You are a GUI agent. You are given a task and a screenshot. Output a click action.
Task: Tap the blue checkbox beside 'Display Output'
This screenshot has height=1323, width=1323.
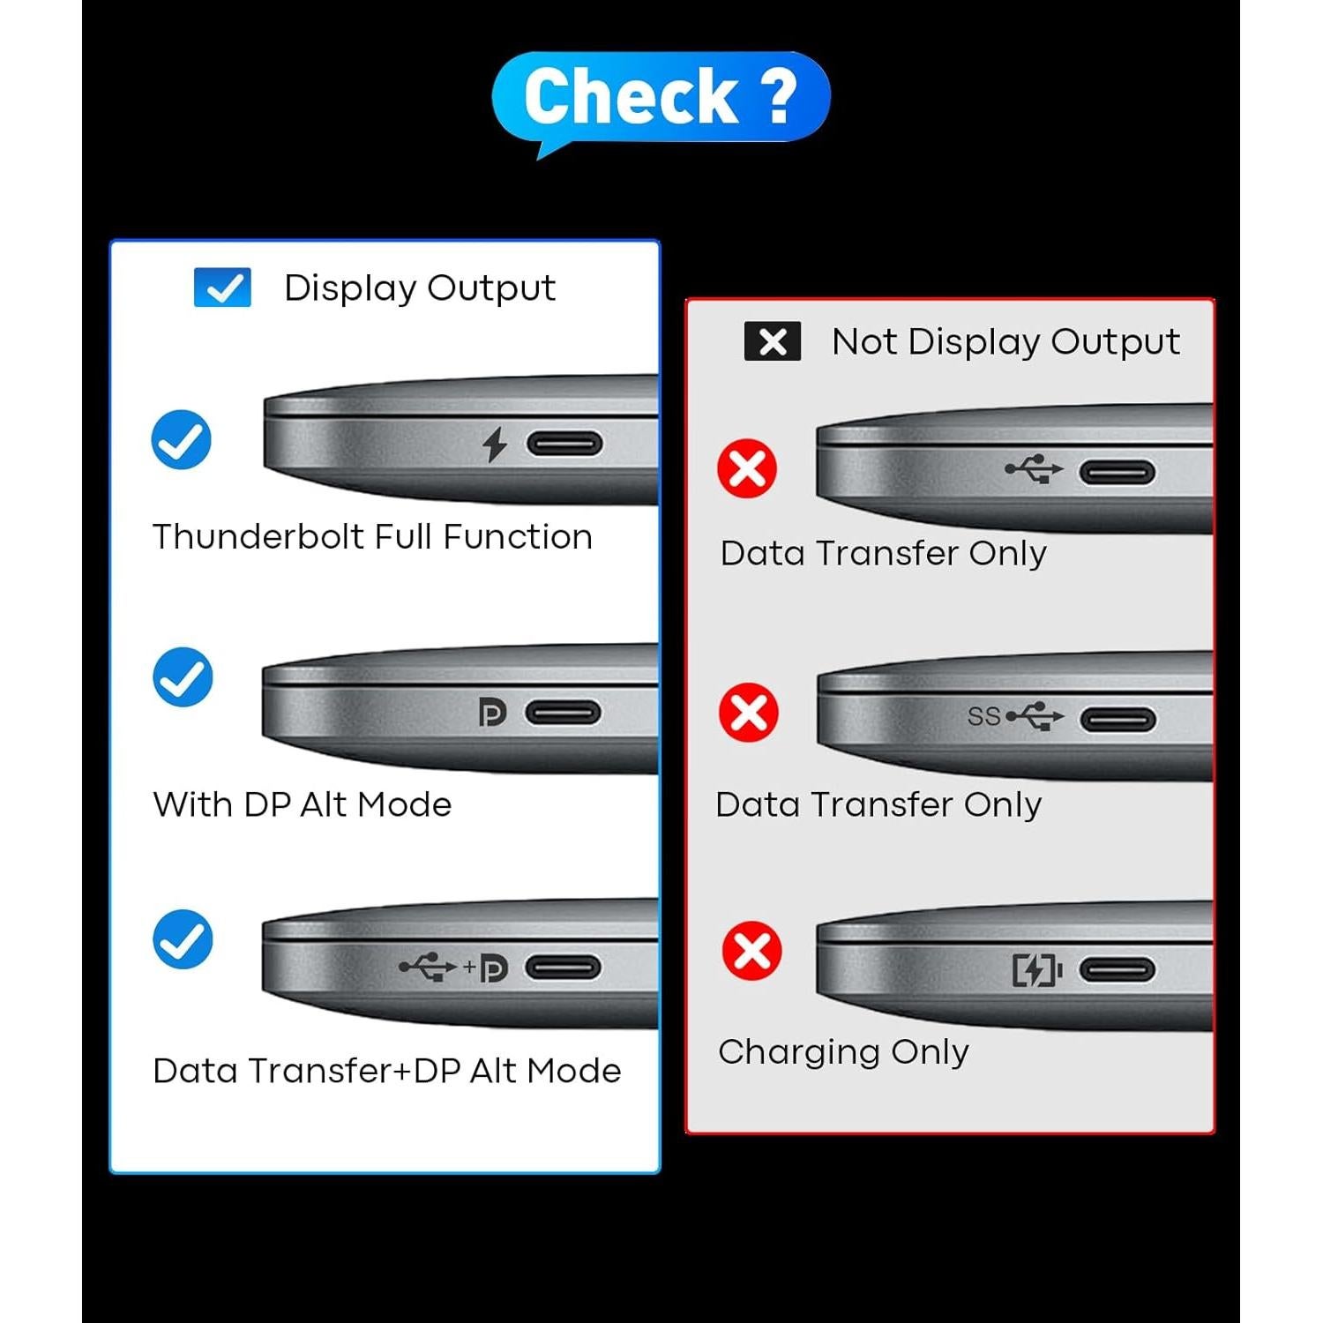click(222, 288)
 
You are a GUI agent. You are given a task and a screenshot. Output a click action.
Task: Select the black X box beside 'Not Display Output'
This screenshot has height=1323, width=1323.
click(773, 341)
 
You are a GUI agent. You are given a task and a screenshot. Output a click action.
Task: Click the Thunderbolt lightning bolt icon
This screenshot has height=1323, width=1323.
click(495, 444)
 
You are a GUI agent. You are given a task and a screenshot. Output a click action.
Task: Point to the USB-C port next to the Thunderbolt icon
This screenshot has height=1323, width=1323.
click(564, 444)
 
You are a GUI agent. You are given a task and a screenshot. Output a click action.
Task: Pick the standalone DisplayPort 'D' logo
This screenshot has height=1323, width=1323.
click(492, 712)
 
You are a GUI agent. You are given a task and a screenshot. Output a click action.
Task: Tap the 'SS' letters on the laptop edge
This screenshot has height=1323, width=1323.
click(983, 716)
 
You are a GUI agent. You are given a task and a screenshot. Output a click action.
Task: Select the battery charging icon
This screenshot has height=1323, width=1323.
click(1036, 970)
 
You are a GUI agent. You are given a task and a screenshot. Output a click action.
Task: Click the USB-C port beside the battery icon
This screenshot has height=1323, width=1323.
click(1117, 970)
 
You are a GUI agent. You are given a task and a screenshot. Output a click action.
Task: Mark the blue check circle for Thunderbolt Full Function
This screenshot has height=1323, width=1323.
click(182, 439)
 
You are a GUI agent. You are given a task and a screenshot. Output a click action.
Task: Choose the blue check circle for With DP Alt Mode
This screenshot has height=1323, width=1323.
click(183, 677)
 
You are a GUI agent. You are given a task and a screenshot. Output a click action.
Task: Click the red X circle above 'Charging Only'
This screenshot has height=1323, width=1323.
click(751, 951)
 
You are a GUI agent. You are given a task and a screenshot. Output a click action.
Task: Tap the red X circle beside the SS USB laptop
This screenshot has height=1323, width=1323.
click(749, 712)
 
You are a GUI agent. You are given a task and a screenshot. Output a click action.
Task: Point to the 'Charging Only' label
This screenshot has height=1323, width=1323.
click(843, 1051)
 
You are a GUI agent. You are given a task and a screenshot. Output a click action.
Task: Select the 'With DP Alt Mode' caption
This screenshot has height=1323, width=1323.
click(302, 804)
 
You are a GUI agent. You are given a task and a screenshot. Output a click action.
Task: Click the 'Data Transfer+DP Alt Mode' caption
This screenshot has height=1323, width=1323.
click(386, 1071)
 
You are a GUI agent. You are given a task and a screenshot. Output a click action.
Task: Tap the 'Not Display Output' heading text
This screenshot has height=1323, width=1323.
click(1005, 341)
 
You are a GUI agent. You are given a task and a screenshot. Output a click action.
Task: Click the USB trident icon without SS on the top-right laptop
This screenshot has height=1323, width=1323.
click(1034, 469)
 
